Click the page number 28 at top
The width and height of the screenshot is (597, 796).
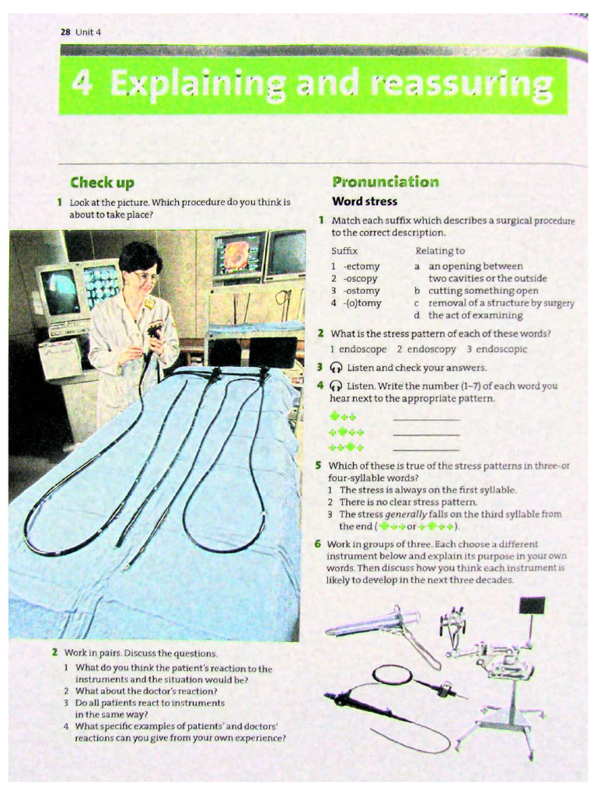click(65, 32)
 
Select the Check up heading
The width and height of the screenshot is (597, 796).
click(102, 183)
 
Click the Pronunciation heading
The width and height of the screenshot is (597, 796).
click(386, 182)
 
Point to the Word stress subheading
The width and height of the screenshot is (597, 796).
click(365, 201)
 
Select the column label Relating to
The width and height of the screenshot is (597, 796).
click(440, 250)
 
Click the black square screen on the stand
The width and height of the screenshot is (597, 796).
click(532, 606)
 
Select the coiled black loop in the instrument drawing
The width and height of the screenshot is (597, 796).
click(392, 675)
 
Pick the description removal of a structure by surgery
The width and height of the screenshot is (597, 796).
click(501, 303)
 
